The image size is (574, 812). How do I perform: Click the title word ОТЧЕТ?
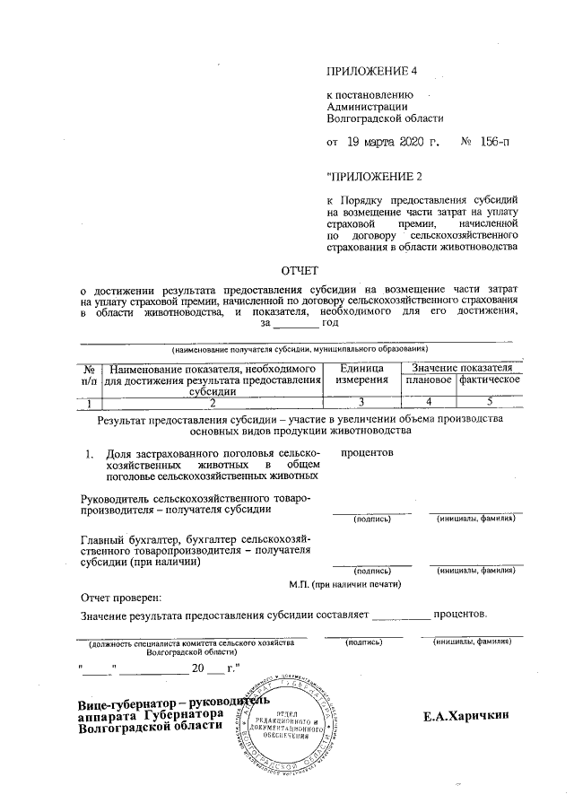(x=300, y=269)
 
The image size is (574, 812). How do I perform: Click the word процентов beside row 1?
(x=368, y=453)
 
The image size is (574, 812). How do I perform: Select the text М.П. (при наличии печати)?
(x=344, y=584)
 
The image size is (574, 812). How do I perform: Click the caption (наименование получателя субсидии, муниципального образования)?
(x=300, y=347)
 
